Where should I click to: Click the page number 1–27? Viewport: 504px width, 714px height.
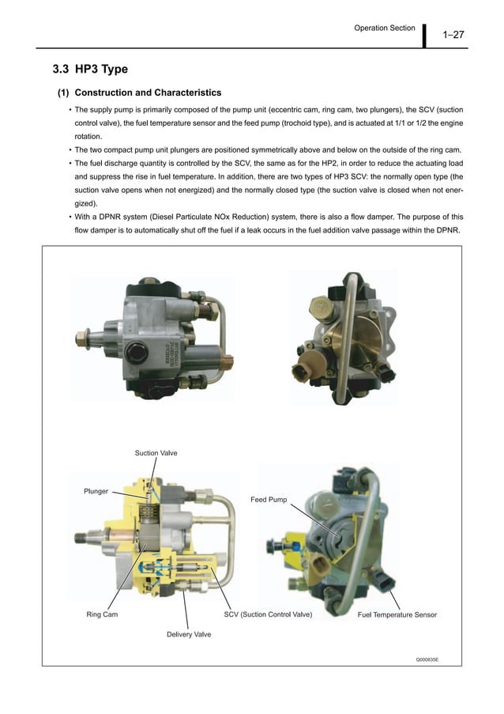click(x=453, y=34)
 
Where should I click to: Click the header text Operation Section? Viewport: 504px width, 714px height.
click(x=385, y=28)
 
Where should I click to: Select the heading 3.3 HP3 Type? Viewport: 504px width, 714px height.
click(x=90, y=70)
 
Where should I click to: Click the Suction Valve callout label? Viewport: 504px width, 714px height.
click(x=156, y=453)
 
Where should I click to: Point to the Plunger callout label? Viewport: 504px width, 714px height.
click(x=96, y=492)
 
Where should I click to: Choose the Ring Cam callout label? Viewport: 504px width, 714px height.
click(x=102, y=614)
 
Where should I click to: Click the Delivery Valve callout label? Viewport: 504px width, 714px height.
click(x=188, y=634)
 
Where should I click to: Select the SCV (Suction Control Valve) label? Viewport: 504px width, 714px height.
click(x=269, y=614)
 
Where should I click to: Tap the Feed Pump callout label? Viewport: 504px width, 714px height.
click(x=269, y=500)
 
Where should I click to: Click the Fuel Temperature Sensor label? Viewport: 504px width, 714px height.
click(x=397, y=614)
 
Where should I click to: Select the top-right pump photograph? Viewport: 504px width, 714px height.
click(x=341, y=335)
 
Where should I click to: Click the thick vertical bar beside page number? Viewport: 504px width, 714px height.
click(x=424, y=35)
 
